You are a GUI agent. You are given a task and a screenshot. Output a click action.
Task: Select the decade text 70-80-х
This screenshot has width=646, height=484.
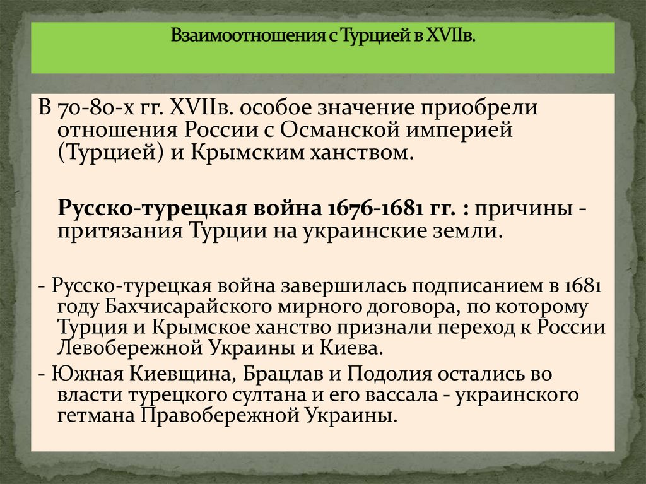click(92, 109)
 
